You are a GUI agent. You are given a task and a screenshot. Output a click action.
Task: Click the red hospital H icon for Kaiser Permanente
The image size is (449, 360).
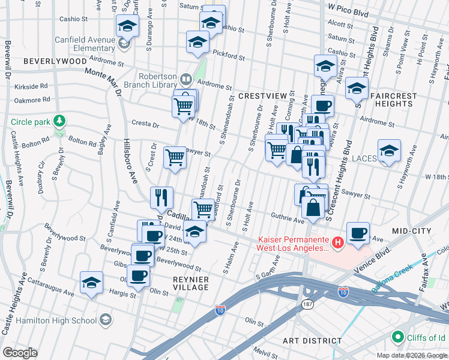pos(338,242)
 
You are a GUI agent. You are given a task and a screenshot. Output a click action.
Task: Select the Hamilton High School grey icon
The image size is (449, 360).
pos(106,320)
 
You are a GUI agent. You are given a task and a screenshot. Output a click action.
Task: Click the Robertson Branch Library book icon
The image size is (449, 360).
pos(186,80)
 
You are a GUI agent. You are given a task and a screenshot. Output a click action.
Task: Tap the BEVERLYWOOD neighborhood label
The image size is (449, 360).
pos(55,62)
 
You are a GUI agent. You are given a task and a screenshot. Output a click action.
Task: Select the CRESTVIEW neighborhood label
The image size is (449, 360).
pos(262,96)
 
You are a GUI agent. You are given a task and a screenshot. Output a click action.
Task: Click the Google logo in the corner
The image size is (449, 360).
pos(20,353)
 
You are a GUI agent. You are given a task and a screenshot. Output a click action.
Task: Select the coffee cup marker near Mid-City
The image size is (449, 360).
pos(358,233)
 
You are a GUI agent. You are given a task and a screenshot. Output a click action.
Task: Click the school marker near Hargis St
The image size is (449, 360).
pos(91,283)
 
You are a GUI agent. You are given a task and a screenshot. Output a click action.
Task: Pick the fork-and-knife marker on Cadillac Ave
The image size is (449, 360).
pos(161,197)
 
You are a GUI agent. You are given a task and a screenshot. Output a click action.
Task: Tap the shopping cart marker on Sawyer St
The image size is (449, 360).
pos(175,157)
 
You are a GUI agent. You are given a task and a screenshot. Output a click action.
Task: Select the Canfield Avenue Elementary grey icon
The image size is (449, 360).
pos(124,43)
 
